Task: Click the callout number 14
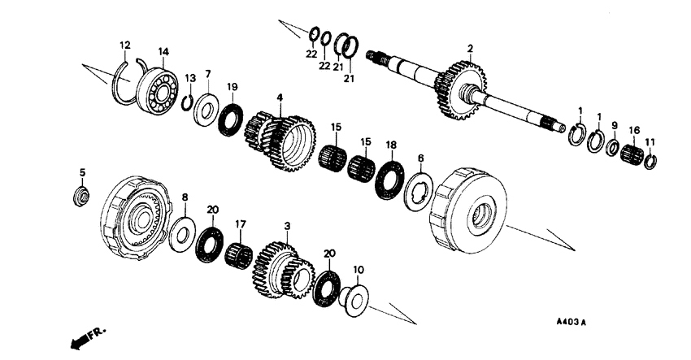(x=163, y=52)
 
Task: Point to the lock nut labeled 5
(x=81, y=195)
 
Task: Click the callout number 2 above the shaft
(x=470, y=50)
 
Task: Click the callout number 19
(x=232, y=86)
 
